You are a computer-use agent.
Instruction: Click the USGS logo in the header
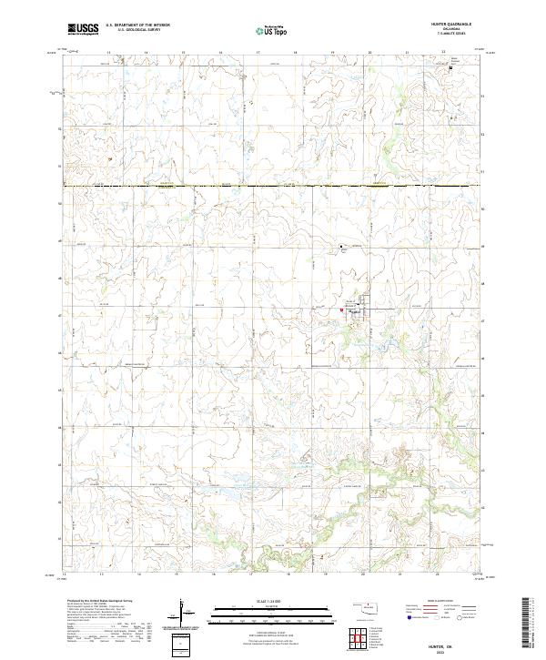tap(83, 30)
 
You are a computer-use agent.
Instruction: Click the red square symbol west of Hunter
tap(341, 310)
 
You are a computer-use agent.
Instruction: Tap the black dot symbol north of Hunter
tap(342, 247)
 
